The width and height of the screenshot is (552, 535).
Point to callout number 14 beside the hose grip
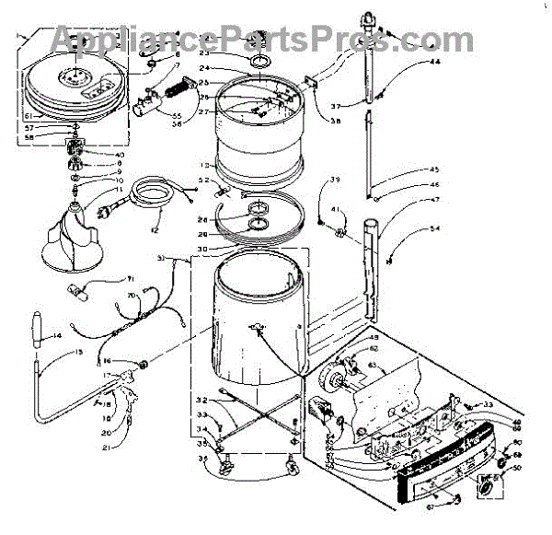[x=57, y=337]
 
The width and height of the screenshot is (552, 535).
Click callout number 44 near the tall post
[x=435, y=62]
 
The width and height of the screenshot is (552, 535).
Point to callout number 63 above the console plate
[x=373, y=366]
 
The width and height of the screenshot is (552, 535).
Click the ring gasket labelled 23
[x=259, y=62]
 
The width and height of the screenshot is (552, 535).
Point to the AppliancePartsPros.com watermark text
[x=276, y=39]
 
